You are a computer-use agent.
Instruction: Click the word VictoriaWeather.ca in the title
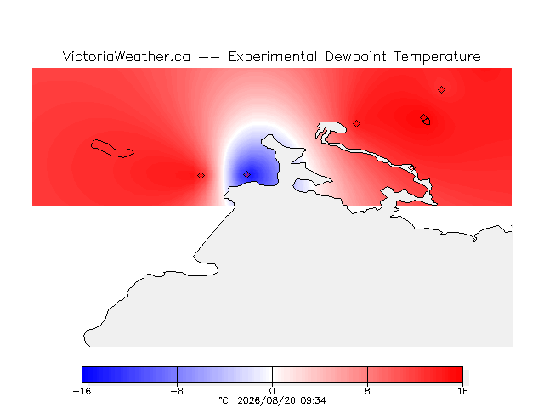[127, 57]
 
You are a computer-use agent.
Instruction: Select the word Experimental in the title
[273, 57]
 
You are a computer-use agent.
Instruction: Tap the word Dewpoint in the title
[355, 57]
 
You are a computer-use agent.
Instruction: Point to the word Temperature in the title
[437, 57]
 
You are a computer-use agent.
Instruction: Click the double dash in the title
[209, 57]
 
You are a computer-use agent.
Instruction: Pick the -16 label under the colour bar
[82, 391]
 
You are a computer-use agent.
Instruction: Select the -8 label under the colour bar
[177, 391]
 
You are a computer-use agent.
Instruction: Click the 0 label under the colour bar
[272, 391]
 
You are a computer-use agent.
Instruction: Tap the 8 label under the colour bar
[367, 391]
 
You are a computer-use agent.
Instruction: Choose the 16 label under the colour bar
[462, 391]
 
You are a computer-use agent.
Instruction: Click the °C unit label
[224, 400]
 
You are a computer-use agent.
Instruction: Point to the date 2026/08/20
[266, 401]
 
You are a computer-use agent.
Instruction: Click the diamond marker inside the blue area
[246, 174]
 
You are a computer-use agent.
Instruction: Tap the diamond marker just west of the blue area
[201, 176]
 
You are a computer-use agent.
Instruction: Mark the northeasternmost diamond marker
[441, 90]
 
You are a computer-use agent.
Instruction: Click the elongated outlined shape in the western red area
[111, 149]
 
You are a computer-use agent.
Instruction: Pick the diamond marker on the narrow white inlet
[411, 168]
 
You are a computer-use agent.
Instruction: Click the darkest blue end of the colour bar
[84, 375]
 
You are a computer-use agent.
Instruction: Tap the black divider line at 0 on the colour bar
[272, 375]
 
